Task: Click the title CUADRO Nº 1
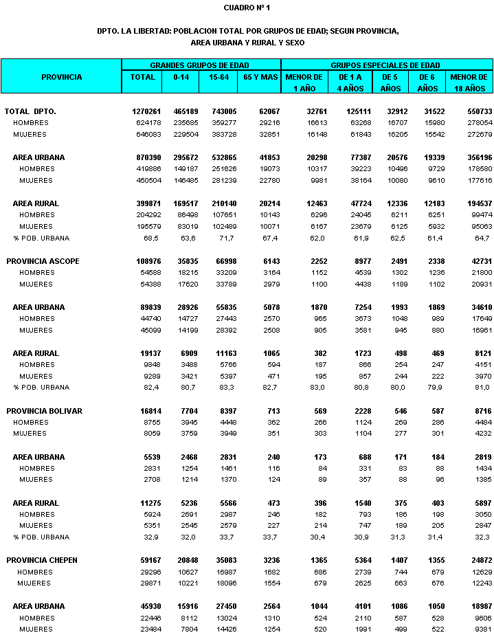click(x=247, y=8)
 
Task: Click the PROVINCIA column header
click(x=61, y=77)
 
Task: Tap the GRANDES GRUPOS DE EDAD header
click(x=200, y=65)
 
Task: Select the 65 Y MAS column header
click(x=260, y=77)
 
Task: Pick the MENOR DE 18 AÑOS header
click(x=469, y=82)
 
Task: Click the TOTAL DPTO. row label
click(x=30, y=111)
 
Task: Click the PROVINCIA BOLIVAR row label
click(x=44, y=411)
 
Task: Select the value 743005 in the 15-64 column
click(x=224, y=111)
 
